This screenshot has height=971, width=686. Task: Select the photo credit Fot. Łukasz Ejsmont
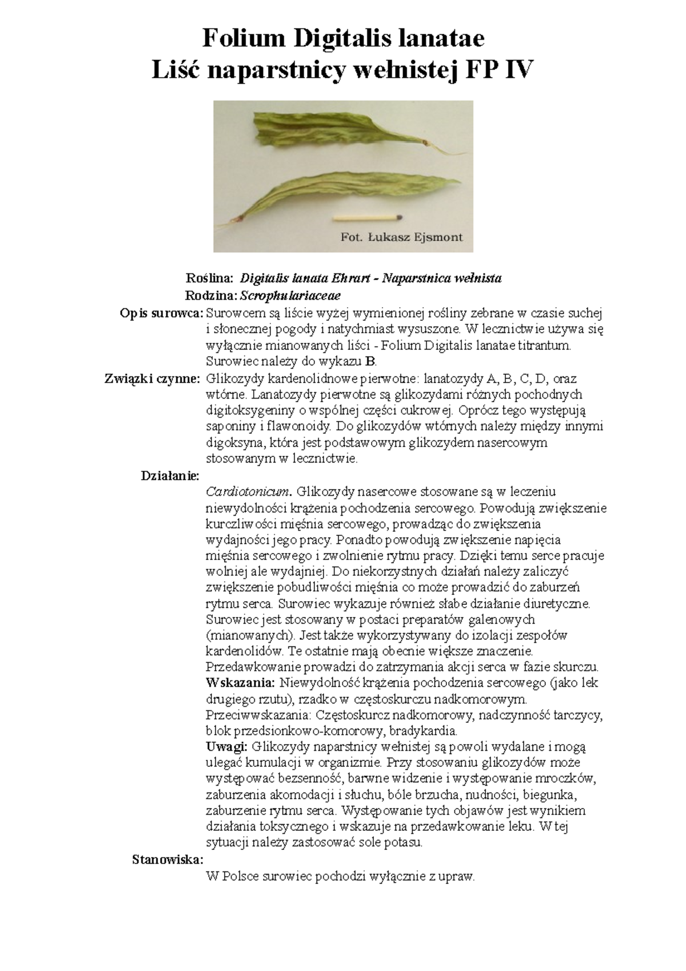pyautogui.click(x=401, y=237)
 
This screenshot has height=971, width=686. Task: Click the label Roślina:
pyautogui.click(x=210, y=278)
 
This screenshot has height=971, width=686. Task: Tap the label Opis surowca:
pyautogui.click(x=161, y=313)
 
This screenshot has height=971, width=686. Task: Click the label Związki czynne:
pyautogui.click(x=151, y=378)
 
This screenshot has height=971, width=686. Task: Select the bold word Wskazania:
pyautogui.click(x=240, y=682)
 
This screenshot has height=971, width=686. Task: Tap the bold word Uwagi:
pyautogui.click(x=226, y=747)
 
